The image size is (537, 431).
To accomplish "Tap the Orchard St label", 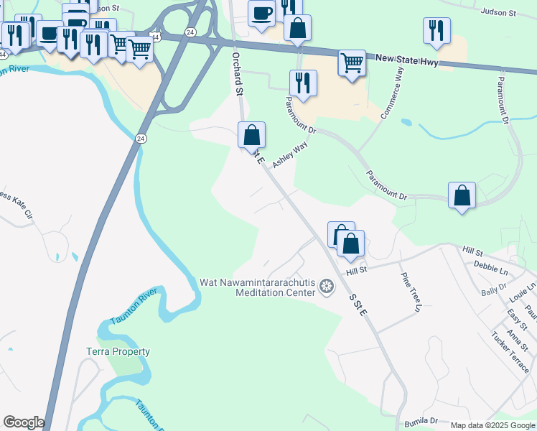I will point(236,73).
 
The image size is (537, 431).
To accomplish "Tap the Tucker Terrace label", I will point(510,351).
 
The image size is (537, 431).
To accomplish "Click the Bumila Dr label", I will point(421,420).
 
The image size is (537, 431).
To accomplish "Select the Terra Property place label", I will point(118,351).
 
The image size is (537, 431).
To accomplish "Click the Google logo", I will point(24,422).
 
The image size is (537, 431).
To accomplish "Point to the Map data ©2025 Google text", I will point(492,425).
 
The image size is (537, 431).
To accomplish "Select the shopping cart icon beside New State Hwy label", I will point(352,63).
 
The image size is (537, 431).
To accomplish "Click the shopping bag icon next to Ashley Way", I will point(252,135).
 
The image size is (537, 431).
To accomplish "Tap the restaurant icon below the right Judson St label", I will point(436,31).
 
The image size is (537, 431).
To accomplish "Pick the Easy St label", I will point(515,316).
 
